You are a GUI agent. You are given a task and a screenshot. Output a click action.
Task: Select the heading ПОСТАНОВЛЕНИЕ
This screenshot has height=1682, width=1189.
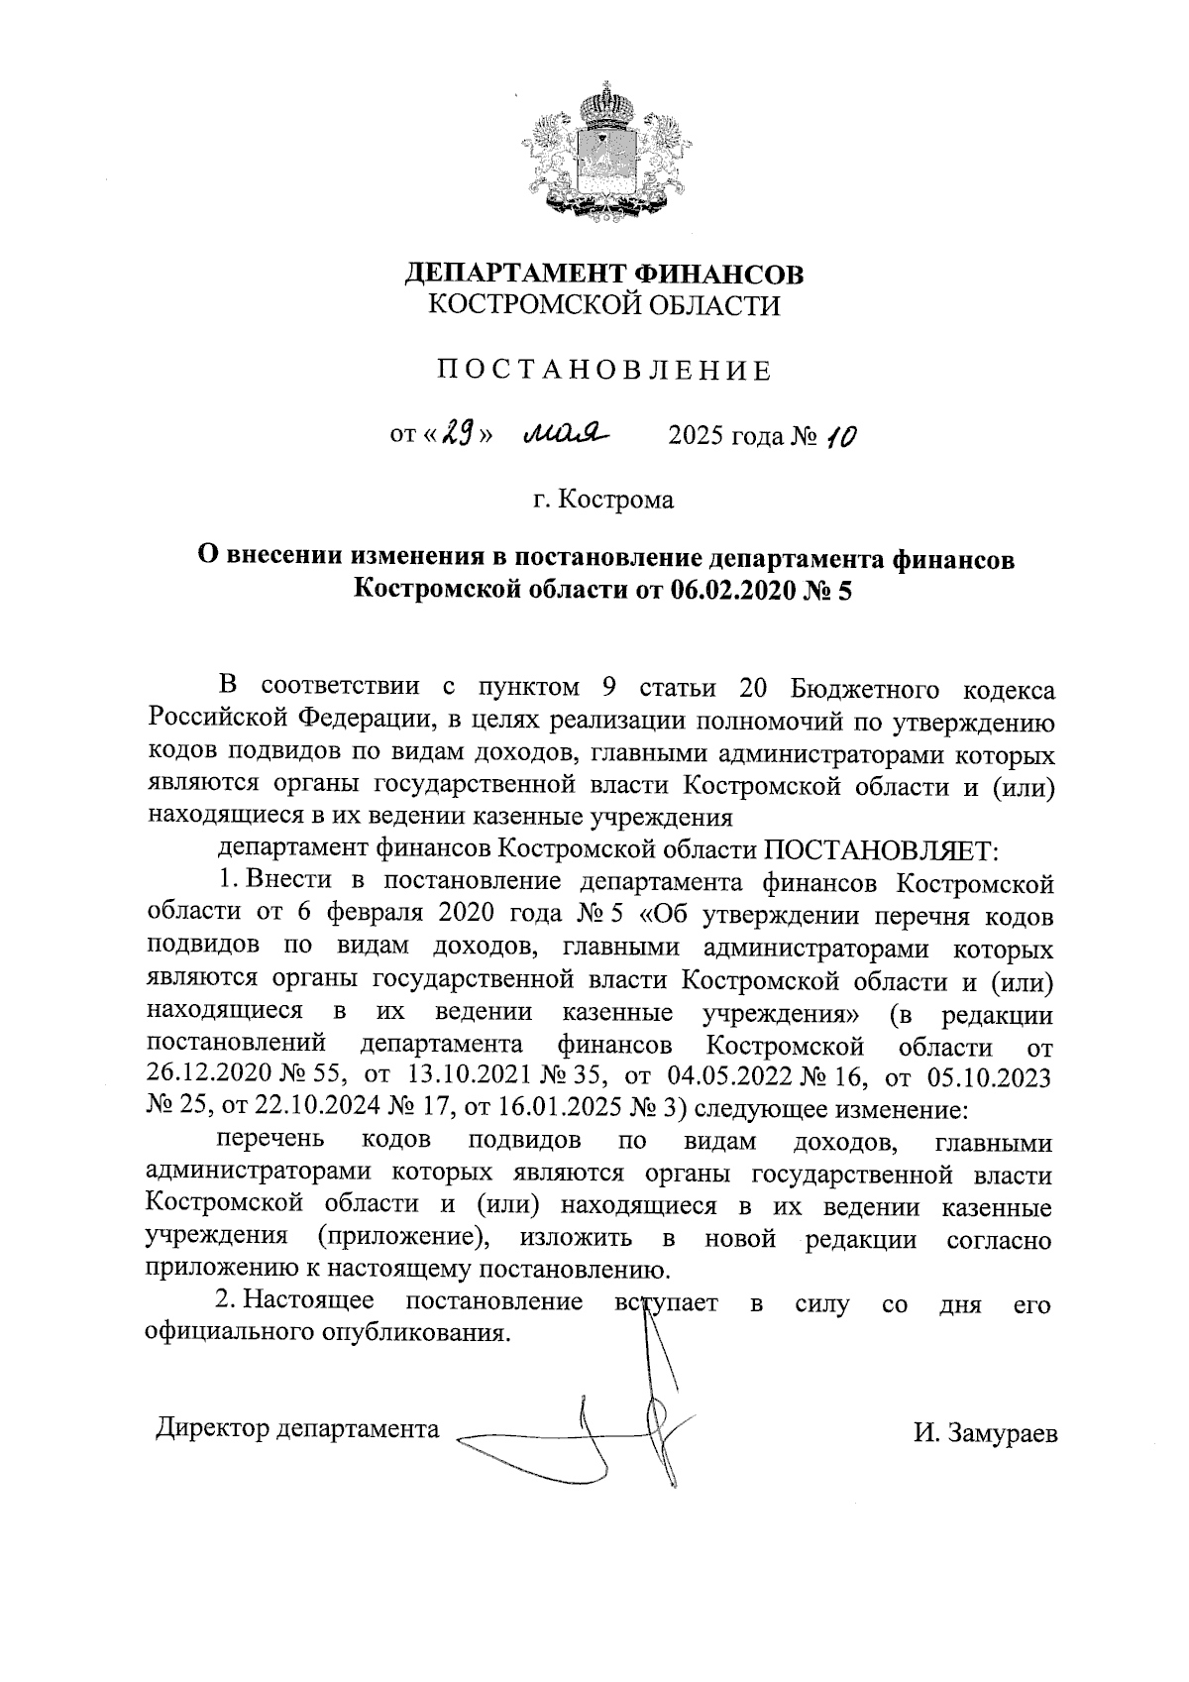coord(603,371)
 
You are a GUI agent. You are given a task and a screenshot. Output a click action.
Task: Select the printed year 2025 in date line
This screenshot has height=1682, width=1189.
coord(697,435)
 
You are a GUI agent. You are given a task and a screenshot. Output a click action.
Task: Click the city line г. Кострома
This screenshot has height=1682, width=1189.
coord(602,499)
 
